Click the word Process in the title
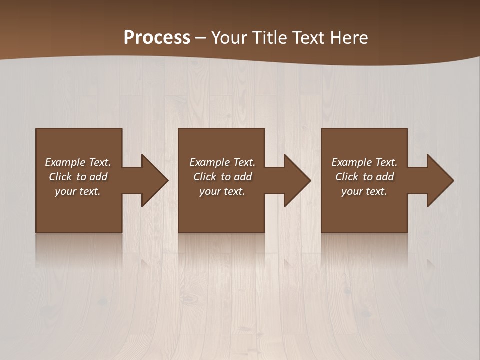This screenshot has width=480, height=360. point(157,37)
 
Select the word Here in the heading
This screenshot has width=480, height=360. point(349,37)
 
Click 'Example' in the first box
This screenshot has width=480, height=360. point(65,162)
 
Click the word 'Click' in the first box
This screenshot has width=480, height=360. point(60,177)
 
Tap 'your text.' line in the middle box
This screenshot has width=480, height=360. point(222,191)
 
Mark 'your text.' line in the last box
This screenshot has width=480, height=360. point(364,191)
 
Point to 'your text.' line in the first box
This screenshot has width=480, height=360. point(77,191)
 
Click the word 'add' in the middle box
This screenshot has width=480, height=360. point(242,177)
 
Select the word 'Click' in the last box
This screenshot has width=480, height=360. point(347,177)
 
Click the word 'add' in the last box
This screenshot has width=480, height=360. point(384,177)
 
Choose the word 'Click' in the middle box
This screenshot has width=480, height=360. point(205,177)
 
